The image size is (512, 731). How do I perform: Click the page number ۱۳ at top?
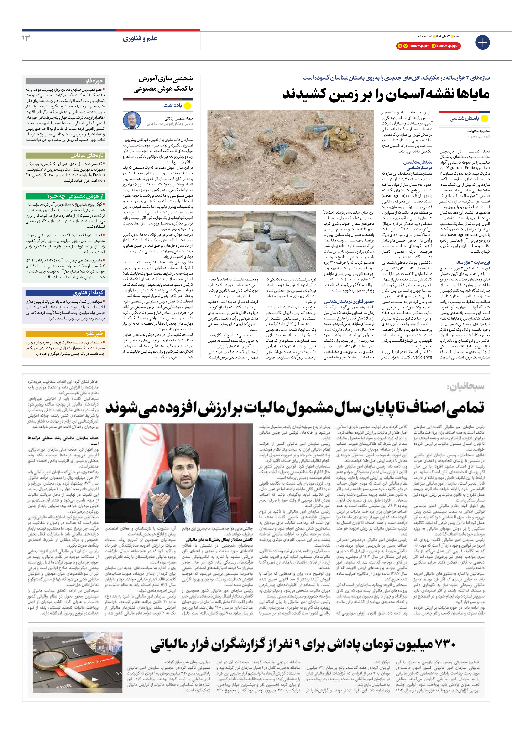tap(26, 38)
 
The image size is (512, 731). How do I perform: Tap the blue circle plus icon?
tap(482, 42)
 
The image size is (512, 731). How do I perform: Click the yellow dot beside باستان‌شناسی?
tap(484, 119)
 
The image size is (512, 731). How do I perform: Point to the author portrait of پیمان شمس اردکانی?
tap(132, 120)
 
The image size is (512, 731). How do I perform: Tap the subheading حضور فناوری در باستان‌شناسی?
tap(349, 301)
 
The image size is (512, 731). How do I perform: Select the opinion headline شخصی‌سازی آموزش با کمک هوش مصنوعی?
tap(163, 84)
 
